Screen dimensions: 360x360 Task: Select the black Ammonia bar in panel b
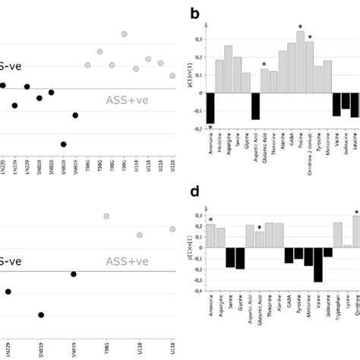pyautogui.click(x=210, y=108)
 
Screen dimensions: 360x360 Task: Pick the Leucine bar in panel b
pyautogui.click(x=355, y=105)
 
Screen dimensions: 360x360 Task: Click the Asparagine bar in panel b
pyautogui.click(x=229, y=69)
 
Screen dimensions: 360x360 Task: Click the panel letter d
pyautogui.click(x=197, y=191)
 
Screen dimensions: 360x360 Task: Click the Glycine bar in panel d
pyautogui.click(x=240, y=258)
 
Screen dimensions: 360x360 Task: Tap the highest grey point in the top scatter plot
pyautogui.click(x=125, y=33)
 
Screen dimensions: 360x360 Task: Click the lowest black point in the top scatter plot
pyautogui.click(x=63, y=144)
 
